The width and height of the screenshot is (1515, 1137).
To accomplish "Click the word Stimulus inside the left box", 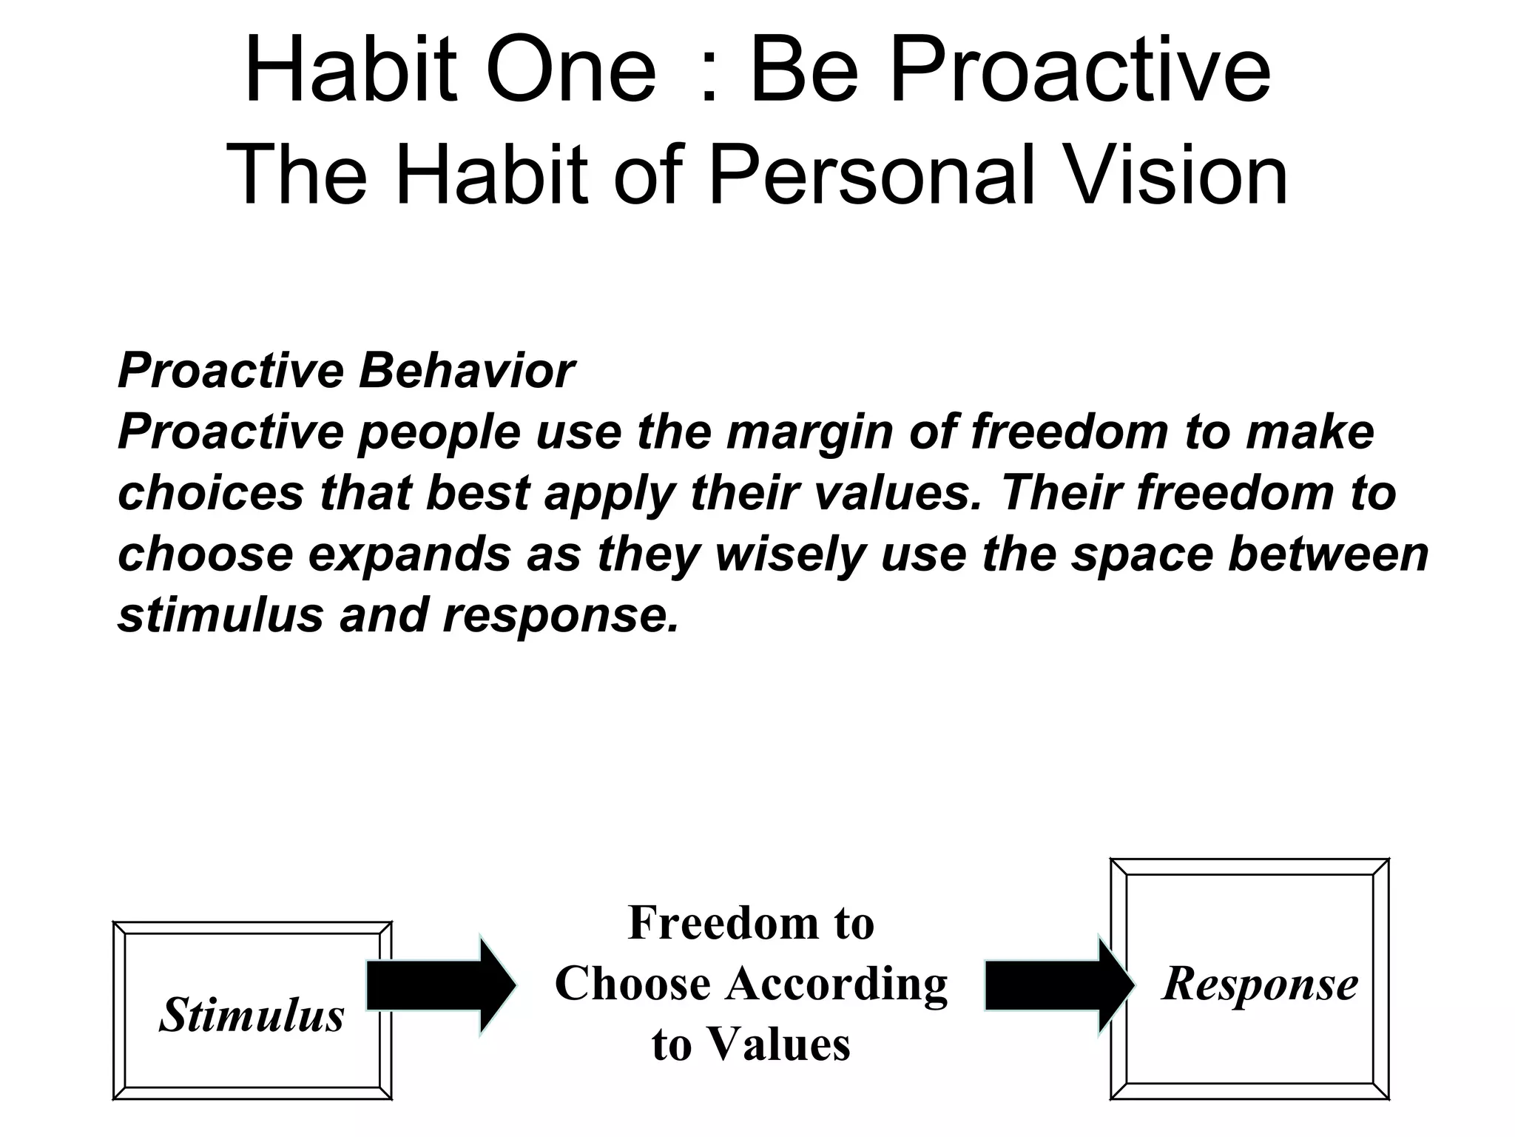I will (252, 1015).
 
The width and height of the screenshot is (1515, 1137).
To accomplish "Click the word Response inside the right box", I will (1261, 985).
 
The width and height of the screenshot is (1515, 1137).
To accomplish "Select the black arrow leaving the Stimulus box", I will (441, 985).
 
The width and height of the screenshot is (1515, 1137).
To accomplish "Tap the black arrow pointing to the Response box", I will (1058, 985).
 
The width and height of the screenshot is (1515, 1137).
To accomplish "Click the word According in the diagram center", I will (837, 985).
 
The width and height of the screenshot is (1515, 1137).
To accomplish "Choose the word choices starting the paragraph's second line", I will (211, 493).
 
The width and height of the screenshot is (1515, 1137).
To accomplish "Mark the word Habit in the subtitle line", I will (492, 175).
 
